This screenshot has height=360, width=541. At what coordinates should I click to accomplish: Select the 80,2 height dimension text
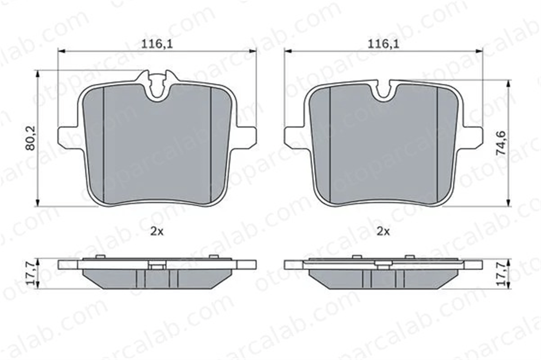[x=31, y=138]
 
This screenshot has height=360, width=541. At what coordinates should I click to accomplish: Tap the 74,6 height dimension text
[x=501, y=143]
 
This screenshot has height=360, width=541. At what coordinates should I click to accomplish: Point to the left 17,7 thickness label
[x=31, y=274]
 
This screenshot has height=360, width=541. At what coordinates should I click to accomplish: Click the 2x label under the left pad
[x=157, y=232]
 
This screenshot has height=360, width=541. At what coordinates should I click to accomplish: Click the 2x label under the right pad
[x=384, y=232]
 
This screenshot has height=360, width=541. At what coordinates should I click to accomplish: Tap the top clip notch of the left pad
[x=157, y=84]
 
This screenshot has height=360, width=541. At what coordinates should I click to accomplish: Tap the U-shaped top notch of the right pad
[x=383, y=91]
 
